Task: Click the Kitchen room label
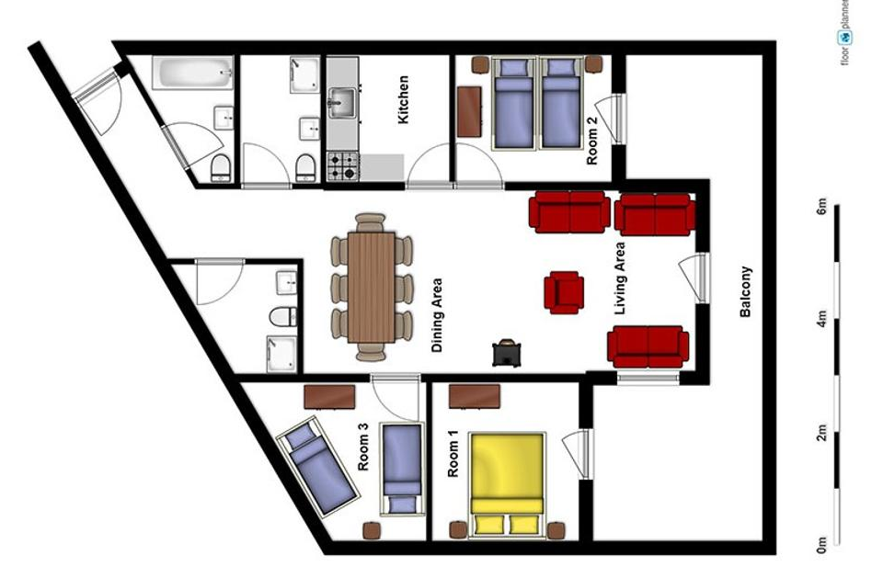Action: point(404,100)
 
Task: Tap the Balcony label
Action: point(745,292)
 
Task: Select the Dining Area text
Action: point(438,315)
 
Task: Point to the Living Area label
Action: point(620,278)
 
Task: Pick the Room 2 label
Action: point(592,140)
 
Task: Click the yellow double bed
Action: point(507,484)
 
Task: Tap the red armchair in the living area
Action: point(564,292)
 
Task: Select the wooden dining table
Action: point(372,288)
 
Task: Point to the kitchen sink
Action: point(342,103)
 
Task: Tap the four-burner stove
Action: point(342,166)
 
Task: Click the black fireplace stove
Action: point(507,353)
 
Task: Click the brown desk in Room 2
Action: point(469,111)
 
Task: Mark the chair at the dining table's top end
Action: point(371,222)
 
